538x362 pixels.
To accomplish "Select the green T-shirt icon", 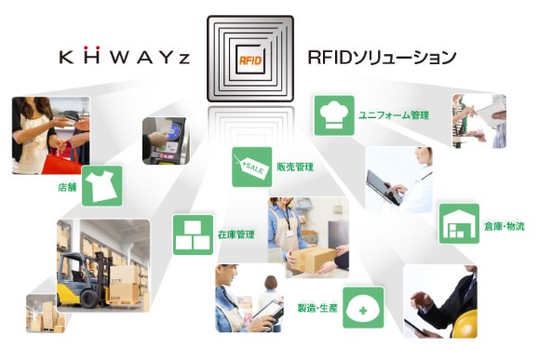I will (x=102, y=184).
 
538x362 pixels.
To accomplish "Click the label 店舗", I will (x=67, y=186).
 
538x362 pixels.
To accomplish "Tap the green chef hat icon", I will (x=334, y=114).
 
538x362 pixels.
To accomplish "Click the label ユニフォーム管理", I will (x=394, y=115).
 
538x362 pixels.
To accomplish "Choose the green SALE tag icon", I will (x=251, y=167).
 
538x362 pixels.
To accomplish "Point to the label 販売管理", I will (x=295, y=168).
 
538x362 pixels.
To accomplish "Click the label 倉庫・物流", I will (x=504, y=225).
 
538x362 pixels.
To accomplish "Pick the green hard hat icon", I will (x=362, y=307).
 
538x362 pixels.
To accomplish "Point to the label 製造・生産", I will (x=316, y=307).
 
